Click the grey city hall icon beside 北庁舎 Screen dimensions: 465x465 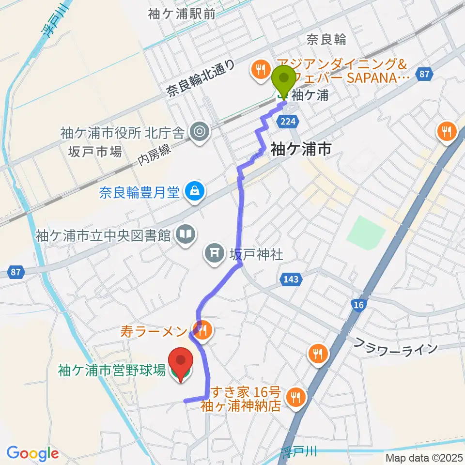tap(199, 130)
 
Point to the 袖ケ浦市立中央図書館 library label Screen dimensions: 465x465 tap(103, 236)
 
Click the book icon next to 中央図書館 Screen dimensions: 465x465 tap(185, 235)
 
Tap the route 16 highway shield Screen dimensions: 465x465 tap(359, 304)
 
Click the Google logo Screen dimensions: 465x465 tap(32, 453)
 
